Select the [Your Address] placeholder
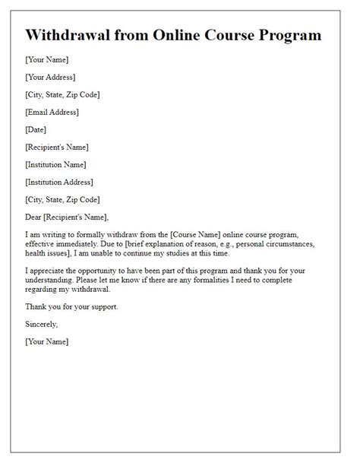pyautogui.click(x=50, y=77)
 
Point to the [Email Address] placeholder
pyautogui.click(x=52, y=112)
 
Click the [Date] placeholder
pyautogui.click(x=36, y=129)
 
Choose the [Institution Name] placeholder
pyautogui.click(x=55, y=164)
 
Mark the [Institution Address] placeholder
pyautogui.click(x=59, y=182)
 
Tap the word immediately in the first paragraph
pyautogui.click(x=84, y=247)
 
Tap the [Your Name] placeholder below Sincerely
pyautogui.click(x=46, y=342)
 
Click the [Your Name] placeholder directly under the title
pyautogui.click(x=46, y=59)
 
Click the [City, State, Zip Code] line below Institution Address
pyautogui.click(x=62, y=199)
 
